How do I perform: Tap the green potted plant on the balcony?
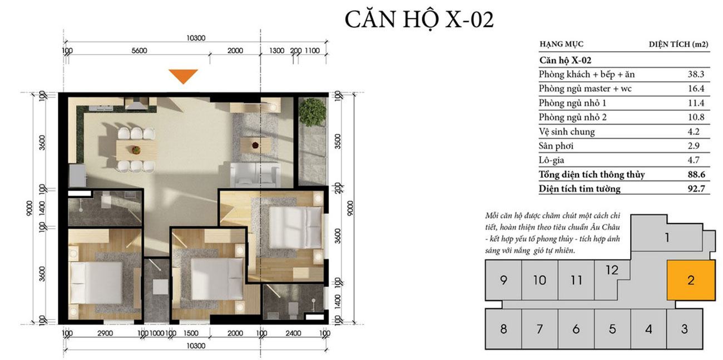[312, 112]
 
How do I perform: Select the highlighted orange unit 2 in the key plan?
[691, 280]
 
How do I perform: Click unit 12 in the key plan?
[612, 270]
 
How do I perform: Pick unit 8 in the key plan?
[503, 329]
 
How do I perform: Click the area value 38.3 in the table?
[696, 74]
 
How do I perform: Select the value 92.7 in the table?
[696, 188]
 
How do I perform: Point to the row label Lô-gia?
[551, 160]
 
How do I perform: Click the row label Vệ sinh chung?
[567, 132]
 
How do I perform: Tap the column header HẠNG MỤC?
[562, 44]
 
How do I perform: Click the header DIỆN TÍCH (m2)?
[679, 44]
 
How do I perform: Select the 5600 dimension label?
[139, 51]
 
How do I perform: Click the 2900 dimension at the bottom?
[105, 333]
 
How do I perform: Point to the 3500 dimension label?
[337, 141]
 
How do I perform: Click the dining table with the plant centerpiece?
[136, 149]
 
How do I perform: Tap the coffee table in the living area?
[255, 145]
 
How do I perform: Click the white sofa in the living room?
[255, 174]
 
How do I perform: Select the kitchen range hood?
[136, 104]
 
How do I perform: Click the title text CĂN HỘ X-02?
[419, 20]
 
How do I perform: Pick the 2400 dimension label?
[293, 333]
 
